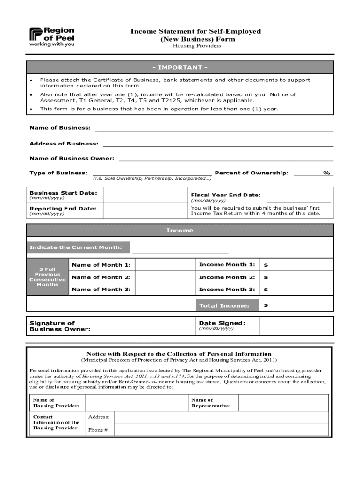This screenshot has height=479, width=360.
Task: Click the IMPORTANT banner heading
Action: click(180, 67)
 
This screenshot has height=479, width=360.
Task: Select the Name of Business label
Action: click(60, 128)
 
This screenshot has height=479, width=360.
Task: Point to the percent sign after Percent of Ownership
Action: click(326, 173)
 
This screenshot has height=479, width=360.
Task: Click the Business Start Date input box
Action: click(145, 195)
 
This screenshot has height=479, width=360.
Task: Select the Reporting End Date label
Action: click(63, 208)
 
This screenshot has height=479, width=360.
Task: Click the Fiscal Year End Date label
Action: click(225, 195)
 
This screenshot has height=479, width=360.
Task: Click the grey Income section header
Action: click(180, 231)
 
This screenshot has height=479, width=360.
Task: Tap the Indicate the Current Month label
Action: click(76, 247)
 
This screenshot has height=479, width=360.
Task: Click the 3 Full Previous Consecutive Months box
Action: click(48, 277)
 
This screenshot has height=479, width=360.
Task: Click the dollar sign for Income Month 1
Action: click(266, 265)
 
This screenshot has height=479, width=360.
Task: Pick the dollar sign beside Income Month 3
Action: click(266, 290)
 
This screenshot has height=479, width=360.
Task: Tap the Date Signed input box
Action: click(296, 326)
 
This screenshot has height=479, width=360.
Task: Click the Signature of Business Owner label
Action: click(60, 326)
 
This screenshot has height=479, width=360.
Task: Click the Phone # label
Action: click(98, 430)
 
